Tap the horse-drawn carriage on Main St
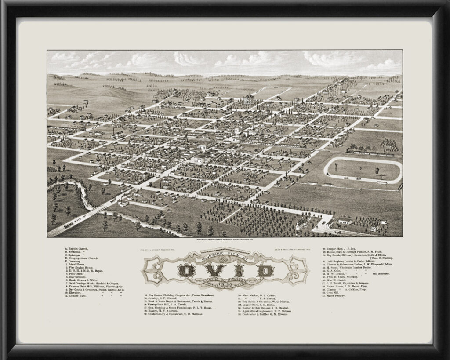click(x=69, y=226)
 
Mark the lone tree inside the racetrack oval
click(x=377, y=171)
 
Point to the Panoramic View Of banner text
click(x=225, y=255)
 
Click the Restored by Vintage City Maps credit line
click(x=225, y=240)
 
